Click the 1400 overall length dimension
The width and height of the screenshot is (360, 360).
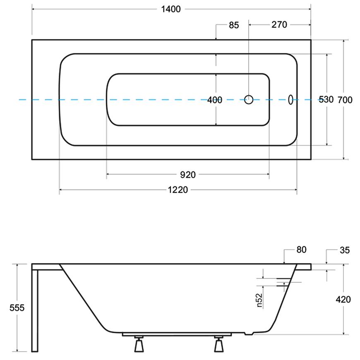(x=171, y=9)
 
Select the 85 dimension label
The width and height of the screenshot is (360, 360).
(x=234, y=25)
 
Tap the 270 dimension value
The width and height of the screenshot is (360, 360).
(x=279, y=24)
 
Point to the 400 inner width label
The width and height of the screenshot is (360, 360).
(x=215, y=100)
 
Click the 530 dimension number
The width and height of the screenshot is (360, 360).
(x=326, y=99)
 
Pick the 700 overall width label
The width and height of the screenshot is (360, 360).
(x=345, y=100)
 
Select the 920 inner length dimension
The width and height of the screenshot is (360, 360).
(x=188, y=175)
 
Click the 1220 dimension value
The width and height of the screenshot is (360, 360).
(x=178, y=190)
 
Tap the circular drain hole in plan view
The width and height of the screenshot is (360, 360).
(x=249, y=100)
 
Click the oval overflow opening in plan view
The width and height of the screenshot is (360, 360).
(x=290, y=100)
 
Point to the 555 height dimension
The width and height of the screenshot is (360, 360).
(x=17, y=307)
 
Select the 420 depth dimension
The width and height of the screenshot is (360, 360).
(x=343, y=300)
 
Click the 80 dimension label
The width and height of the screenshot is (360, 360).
(x=302, y=250)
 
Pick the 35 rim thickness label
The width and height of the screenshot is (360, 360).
(x=345, y=250)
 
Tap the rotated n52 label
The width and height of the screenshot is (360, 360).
(x=259, y=300)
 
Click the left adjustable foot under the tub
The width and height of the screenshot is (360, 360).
(x=139, y=344)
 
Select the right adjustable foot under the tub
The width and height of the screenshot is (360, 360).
(x=218, y=344)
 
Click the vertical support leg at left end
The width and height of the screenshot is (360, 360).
(x=35, y=310)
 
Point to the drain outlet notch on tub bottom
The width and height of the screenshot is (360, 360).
(x=249, y=333)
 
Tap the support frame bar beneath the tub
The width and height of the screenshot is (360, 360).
(x=177, y=334)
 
